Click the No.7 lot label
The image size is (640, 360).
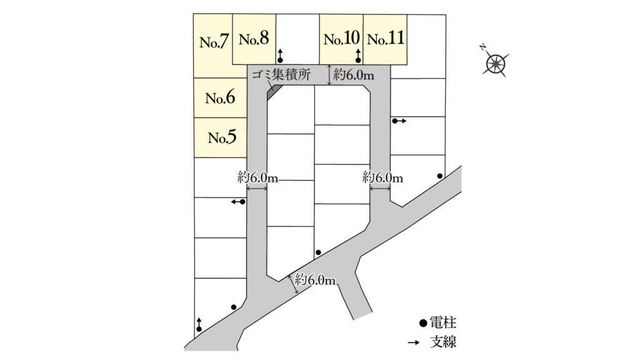coord(212,42)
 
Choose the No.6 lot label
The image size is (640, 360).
coord(220,97)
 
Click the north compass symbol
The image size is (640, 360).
coord(496,62)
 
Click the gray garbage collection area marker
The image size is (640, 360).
coord(272,91)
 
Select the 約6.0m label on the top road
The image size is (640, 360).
coord(354,76)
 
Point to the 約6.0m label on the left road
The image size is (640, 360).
coord(257,177)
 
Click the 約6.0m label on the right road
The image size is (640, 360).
coord(382,178)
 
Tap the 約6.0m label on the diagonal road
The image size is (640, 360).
coord(316,279)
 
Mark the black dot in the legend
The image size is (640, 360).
coord(422,324)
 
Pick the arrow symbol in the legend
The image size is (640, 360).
coord(413,342)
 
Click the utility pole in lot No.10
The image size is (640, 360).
coord(358,59)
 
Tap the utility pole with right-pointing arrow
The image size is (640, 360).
coord(395,121)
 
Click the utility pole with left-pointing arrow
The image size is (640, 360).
coord(242,202)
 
